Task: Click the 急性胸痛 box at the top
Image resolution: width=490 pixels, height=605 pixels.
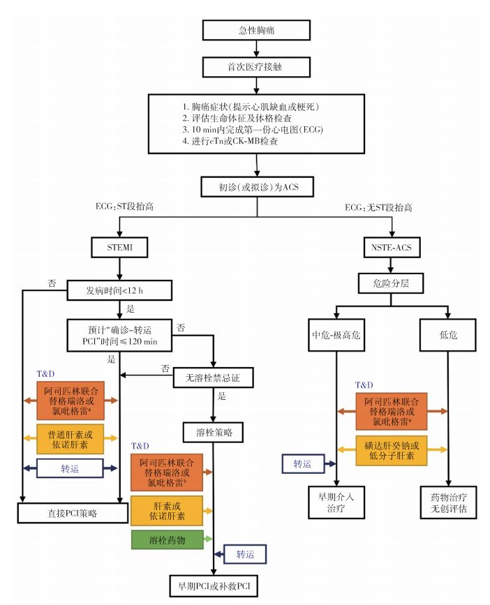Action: [256, 31]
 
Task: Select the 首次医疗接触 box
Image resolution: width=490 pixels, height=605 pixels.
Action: [256, 68]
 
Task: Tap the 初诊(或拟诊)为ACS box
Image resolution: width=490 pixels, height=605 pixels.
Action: [256, 187]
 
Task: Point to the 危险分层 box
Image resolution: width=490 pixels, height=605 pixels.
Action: [392, 285]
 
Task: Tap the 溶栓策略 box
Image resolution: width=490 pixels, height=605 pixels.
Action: [213, 431]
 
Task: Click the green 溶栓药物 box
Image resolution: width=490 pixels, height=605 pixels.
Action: [167, 539]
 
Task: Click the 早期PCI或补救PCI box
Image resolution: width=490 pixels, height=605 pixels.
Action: [213, 585]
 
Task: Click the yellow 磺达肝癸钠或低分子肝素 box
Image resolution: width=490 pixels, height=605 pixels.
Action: [392, 451]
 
